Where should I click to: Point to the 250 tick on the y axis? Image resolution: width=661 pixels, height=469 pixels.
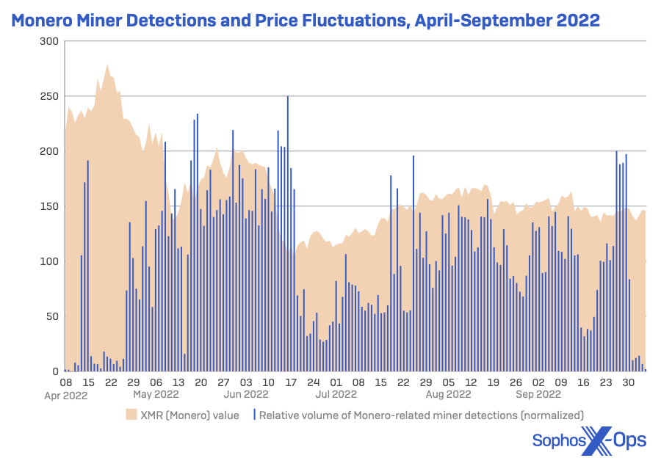click(x=48, y=96)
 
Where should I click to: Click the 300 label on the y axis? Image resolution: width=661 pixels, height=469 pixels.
click(x=48, y=41)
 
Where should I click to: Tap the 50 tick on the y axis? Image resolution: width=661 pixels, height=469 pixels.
click(x=51, y=316)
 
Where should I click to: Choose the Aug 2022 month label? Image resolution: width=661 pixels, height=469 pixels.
click(x=448, y=395)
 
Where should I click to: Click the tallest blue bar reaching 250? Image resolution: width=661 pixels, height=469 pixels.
click(x=287, y=97)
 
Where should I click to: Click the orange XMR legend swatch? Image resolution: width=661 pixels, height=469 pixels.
click(x=131, y=415)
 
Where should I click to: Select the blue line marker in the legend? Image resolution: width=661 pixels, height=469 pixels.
click(x=253, y=415)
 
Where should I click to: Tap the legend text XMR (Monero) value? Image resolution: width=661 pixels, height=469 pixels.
click(x=189, y=415)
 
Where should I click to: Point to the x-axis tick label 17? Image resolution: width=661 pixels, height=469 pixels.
click(x=291, y=382)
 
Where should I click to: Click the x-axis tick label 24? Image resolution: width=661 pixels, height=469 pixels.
click(x=314, y=382)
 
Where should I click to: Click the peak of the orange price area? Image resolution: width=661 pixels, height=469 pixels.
click(x=107, y=65)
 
